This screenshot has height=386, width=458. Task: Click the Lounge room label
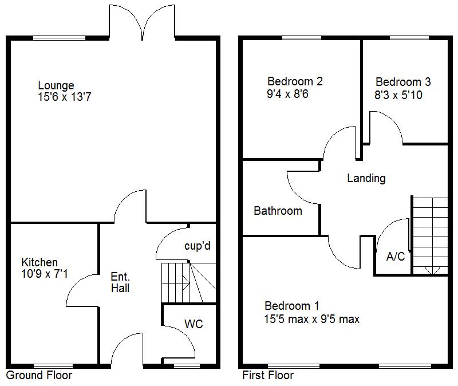56,86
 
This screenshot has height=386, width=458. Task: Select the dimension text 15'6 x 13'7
65,97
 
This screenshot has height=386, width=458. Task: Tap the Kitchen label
40,262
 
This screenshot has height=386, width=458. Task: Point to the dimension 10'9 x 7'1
45,274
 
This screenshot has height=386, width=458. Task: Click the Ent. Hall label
120,282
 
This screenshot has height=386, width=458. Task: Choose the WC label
194,324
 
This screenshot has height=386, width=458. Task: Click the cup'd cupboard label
198,246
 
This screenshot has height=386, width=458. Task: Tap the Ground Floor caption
39,376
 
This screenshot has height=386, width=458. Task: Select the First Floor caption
268,376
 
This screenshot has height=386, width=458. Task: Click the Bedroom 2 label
295,81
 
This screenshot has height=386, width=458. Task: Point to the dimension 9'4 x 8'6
287,94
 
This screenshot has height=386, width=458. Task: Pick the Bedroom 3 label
403,82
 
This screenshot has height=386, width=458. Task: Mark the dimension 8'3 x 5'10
398,94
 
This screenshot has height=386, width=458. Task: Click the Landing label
366,178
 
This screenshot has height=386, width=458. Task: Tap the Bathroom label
278,211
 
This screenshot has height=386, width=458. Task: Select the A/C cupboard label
396,257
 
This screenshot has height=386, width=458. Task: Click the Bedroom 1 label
292,306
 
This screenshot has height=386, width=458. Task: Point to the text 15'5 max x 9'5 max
312,319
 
